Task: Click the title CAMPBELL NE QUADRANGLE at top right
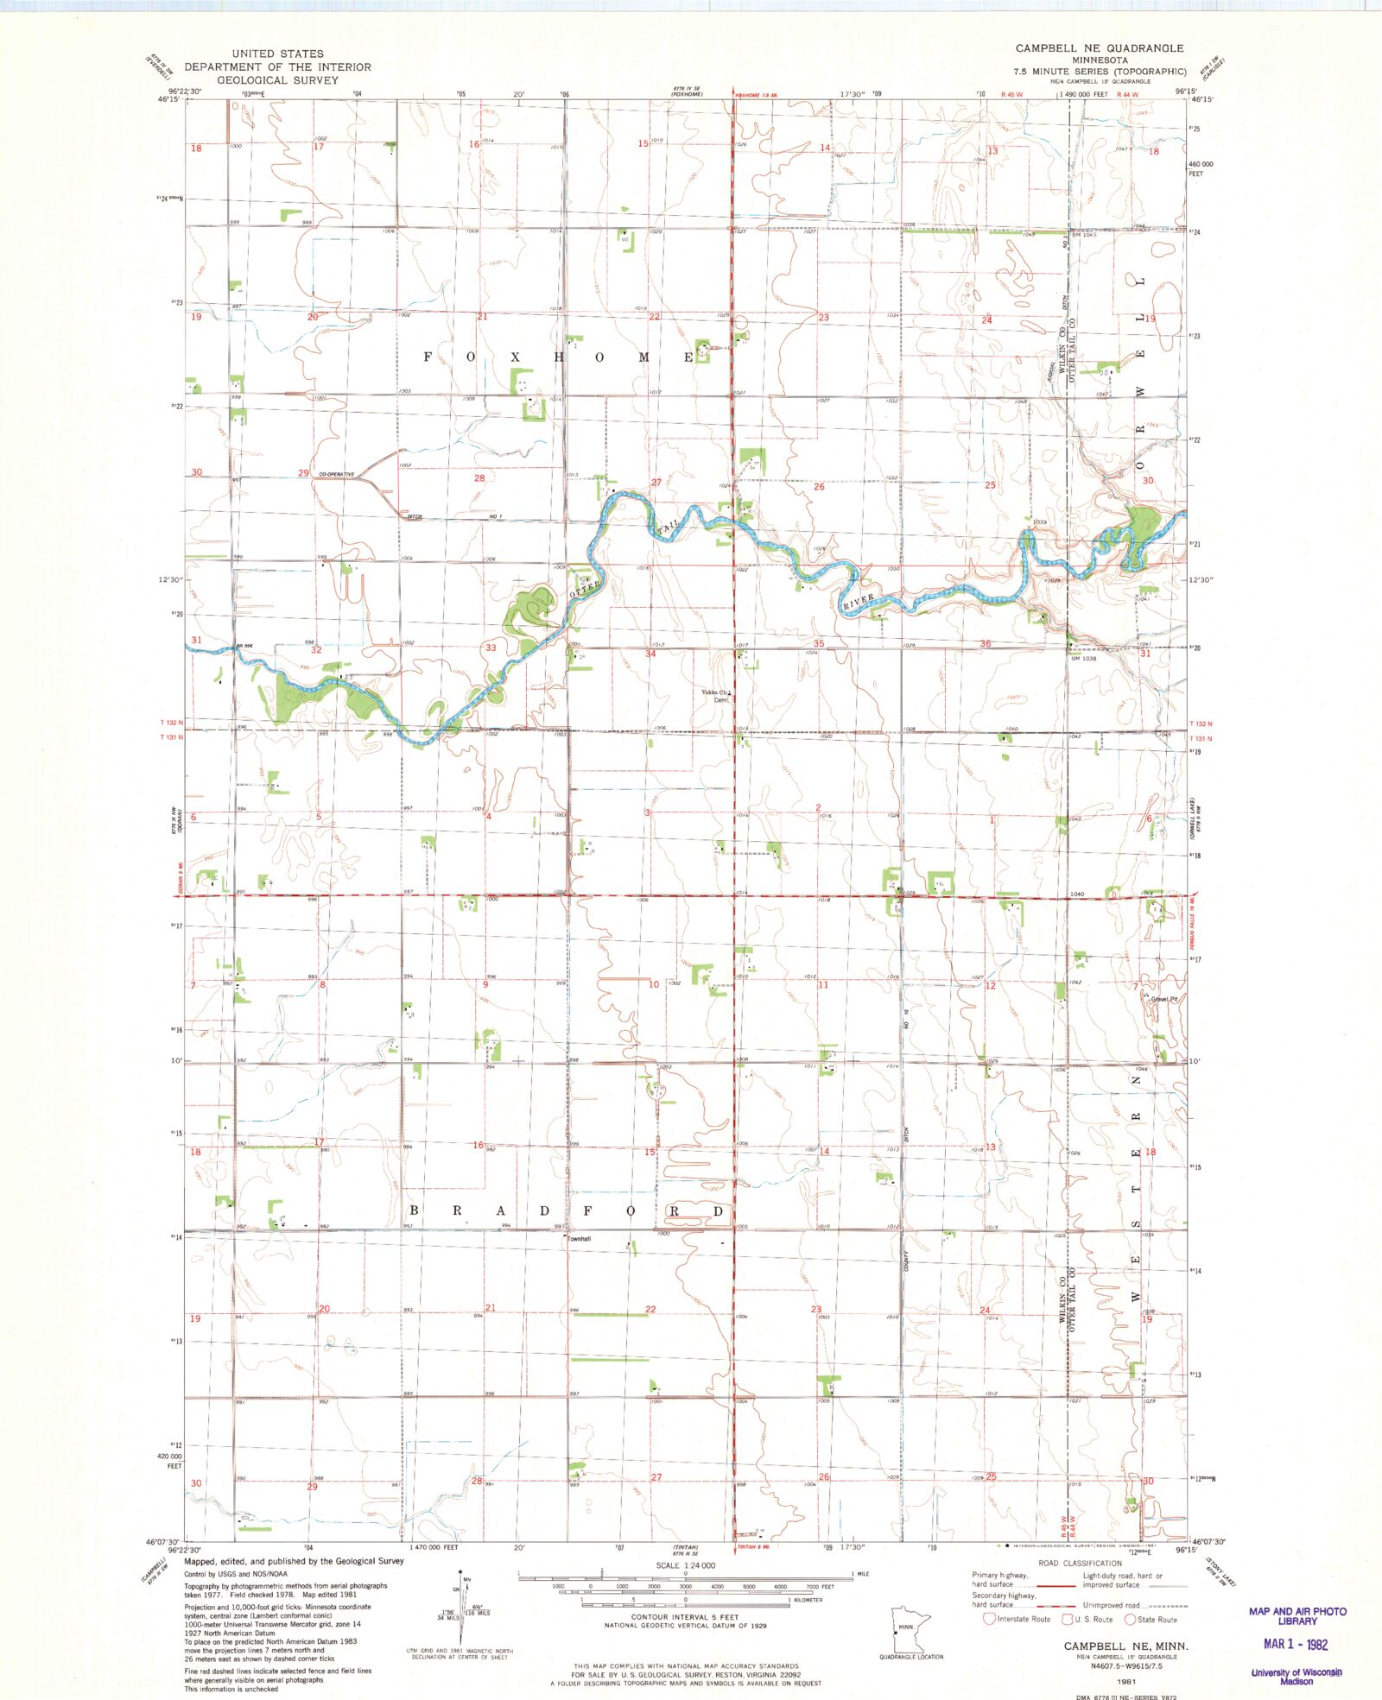1100,48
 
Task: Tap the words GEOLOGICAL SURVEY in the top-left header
277,79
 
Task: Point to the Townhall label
579,1239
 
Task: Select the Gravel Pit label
1165,999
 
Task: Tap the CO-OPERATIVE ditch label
337,474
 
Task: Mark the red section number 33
491,648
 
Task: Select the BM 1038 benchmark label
1083,659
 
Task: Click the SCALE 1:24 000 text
685,1565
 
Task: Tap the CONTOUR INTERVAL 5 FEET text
685,1617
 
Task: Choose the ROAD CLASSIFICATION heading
1080,1564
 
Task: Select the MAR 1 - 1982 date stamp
1296,1645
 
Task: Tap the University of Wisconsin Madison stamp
1296,1676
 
